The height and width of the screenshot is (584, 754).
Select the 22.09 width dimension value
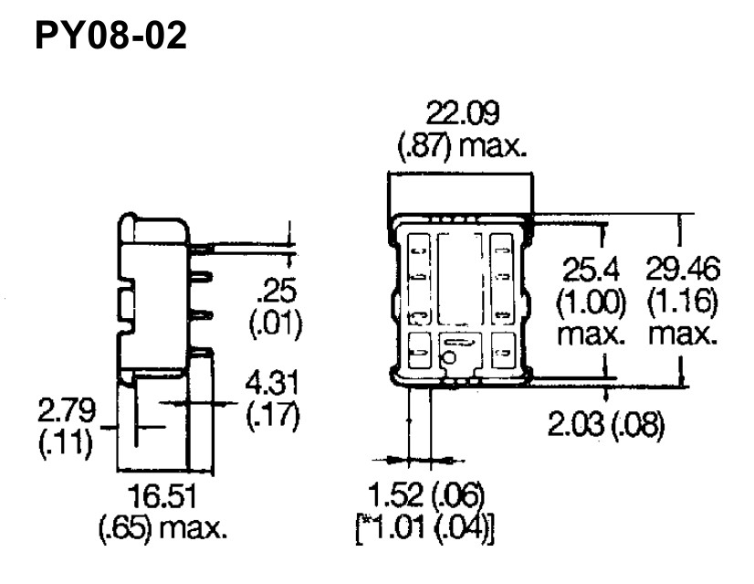tap(463, 113)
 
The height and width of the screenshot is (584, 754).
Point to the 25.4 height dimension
tap(591, 271)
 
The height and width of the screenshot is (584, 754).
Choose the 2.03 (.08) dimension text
tap(606, 424)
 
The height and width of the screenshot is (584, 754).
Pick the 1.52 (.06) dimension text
tap(425, 495)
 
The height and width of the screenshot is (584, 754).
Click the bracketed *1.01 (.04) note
tap(425, 528)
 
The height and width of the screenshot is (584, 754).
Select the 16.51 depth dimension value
tap(162, 496)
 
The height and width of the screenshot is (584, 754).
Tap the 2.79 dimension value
tap(67, 410)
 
